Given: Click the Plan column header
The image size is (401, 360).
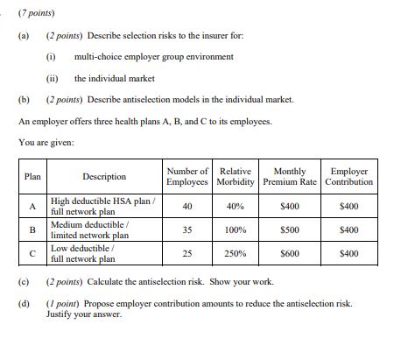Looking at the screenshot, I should click(x=32, y=176).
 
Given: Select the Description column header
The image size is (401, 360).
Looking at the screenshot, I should click(x=104, y=176).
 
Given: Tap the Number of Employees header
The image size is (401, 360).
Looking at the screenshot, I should click(x=187, y=176).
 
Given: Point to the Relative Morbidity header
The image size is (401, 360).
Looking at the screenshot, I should click(x=236, y=176).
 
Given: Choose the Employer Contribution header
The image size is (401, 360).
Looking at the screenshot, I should click(x=348, y=176).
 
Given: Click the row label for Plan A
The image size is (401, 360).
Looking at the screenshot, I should click(x=32, y=206).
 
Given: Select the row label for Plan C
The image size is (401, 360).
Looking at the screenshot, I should click(x=32, y=253).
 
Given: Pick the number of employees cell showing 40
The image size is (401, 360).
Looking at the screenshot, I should click(x=187, y=206).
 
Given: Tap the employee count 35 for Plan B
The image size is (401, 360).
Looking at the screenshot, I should click(x=187, y=229).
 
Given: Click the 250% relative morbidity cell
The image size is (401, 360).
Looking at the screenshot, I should click(x=236, y=253).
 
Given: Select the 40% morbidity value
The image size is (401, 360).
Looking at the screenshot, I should click(x=236, y=206).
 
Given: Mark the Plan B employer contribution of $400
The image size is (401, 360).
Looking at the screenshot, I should click(x=348, y=229).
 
